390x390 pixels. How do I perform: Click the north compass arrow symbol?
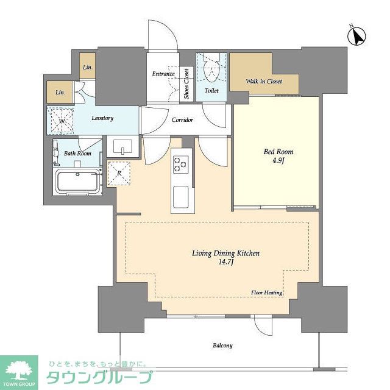356,35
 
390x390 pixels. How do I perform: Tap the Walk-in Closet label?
264,81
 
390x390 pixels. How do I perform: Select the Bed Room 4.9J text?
278,156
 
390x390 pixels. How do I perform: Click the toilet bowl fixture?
211,69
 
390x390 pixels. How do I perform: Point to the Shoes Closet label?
186,84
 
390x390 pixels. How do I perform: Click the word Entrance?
163,74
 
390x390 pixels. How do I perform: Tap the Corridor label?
182,120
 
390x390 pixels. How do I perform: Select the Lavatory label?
102,118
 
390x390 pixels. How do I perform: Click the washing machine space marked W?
60,121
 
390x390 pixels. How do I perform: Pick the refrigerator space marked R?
119,173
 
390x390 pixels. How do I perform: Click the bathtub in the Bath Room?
78,182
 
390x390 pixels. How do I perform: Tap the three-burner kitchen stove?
181,164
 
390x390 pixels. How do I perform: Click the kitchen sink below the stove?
181,197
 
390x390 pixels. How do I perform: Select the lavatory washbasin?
122,147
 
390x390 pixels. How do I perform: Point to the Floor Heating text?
266,292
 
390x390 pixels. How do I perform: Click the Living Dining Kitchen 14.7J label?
225,257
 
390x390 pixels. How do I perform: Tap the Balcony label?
222,346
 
